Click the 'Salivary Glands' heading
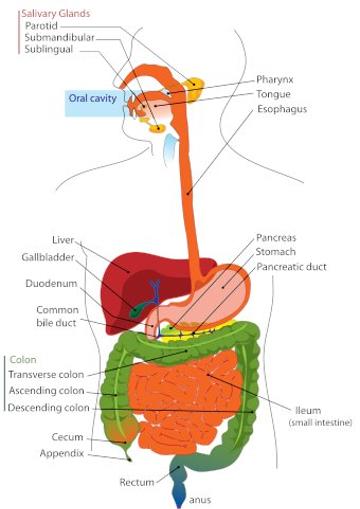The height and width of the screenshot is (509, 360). pyautogui.click(x=47, y=12)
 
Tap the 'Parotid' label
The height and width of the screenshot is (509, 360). pyautogui.click(x=42, y=26)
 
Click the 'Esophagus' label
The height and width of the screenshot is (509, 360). pyautogui.click(x=281, y=109)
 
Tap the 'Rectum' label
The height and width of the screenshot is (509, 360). pyautogui.click(x=137, y=482)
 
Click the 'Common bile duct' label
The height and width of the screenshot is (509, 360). pyautogui.click(x=57, y=316)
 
